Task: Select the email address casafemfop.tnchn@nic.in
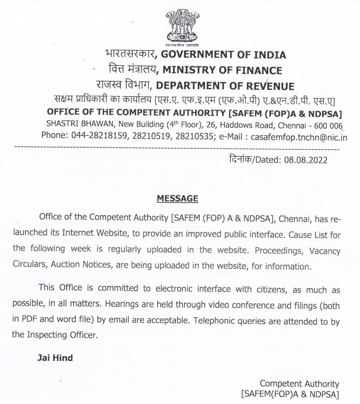[x=298, y=137]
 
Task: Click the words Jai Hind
[x=55, y=357]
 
